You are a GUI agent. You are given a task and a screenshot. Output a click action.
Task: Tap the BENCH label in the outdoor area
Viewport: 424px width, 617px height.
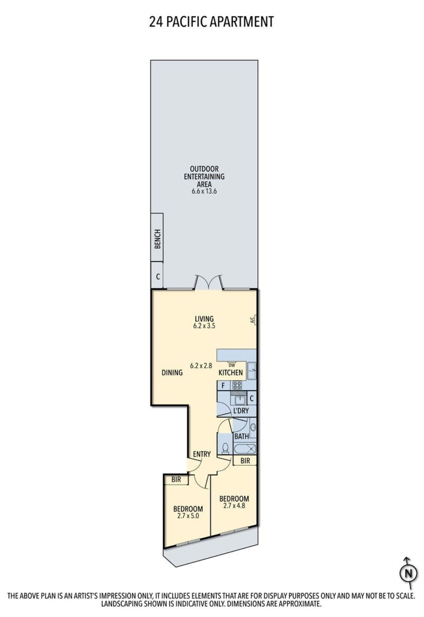coord(157,239)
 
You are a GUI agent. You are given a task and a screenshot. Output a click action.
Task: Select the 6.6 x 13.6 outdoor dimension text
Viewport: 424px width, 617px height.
coord(204,191)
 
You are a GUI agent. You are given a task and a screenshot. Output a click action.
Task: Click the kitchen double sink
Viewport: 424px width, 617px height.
coord(252,371)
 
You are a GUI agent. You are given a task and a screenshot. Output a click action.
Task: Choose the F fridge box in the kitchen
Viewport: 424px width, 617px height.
coord(223,385)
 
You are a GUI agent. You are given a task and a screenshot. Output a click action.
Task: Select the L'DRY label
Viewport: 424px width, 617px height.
coord(241,411)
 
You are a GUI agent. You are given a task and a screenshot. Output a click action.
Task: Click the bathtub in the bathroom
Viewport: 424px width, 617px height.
coord(245,449)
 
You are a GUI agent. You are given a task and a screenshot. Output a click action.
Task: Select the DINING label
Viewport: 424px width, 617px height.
coord(172,372)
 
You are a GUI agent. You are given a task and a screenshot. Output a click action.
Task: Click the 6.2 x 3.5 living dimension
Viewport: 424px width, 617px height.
coord(204,326)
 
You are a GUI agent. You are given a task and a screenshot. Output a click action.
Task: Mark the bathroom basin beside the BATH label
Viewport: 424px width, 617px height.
coord(253,427)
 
